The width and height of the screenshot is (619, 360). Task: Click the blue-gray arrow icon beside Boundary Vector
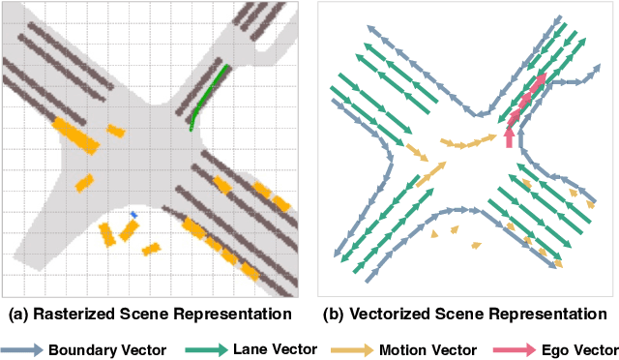[21, 348]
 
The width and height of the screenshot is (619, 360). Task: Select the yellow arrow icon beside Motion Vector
[352, 348]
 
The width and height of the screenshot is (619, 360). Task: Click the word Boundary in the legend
[83, 348]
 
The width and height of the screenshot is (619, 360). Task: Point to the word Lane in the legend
[250, 348]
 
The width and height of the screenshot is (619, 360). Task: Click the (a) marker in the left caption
[18, 315]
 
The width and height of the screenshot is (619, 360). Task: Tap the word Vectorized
[393, 315]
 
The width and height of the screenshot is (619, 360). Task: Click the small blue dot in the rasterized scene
[134, 214]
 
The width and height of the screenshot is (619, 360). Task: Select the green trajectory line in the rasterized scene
[208, 97]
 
